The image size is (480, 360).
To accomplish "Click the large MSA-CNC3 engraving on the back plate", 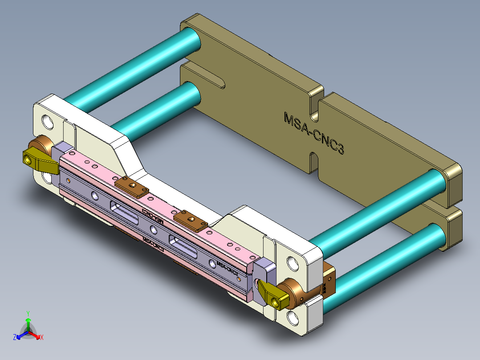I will click(314, 134).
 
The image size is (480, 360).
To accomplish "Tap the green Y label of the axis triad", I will click(28, 313).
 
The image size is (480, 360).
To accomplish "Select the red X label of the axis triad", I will click(42, 338).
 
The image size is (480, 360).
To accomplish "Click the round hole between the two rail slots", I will click(154, 229).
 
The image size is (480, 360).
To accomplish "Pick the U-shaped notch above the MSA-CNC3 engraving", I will click(316, 108).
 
